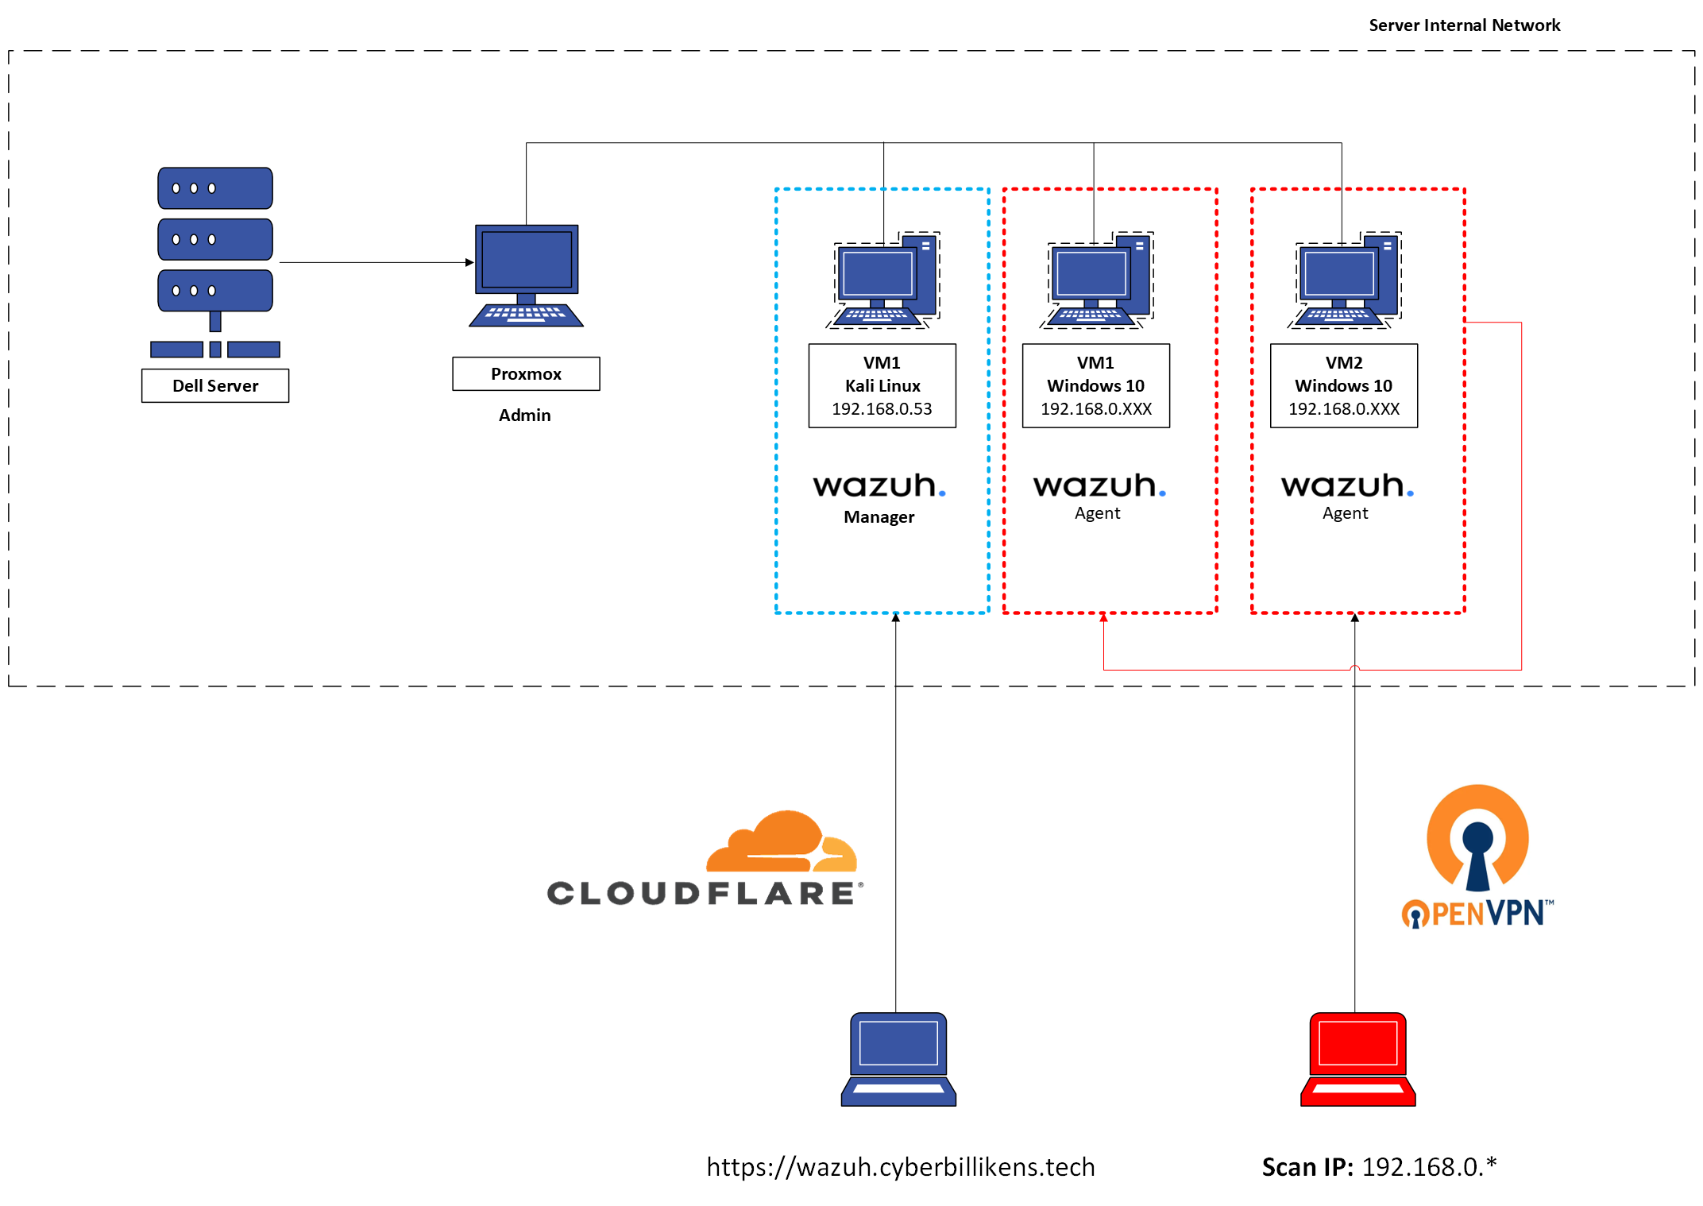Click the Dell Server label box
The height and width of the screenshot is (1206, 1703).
215,385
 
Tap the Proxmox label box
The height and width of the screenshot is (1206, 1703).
526,373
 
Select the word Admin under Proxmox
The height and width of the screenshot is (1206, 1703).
524,415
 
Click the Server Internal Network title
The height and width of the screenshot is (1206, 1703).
1464,25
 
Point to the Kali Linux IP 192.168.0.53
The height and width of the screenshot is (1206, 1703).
882,408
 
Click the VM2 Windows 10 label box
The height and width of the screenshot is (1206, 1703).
1343,385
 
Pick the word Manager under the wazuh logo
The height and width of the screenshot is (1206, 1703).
879,516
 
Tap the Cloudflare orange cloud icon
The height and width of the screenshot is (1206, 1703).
782,841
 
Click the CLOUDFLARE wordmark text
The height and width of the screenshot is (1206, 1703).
704,893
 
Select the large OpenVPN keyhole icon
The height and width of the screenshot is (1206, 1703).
1477,838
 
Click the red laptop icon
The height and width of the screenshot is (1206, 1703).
1357,1059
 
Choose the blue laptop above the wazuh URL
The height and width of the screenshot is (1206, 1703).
898,1059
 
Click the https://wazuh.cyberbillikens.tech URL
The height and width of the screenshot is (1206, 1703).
901,1166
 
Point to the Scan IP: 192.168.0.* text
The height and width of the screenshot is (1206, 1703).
1379,1166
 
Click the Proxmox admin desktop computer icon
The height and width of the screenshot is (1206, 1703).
526,276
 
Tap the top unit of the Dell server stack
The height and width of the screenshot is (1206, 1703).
215,188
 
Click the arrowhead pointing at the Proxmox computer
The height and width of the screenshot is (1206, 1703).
469,262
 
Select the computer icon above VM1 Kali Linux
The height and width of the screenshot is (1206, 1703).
882,280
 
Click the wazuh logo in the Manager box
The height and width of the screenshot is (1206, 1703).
879,485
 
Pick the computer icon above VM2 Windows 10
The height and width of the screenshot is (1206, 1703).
1344,280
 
